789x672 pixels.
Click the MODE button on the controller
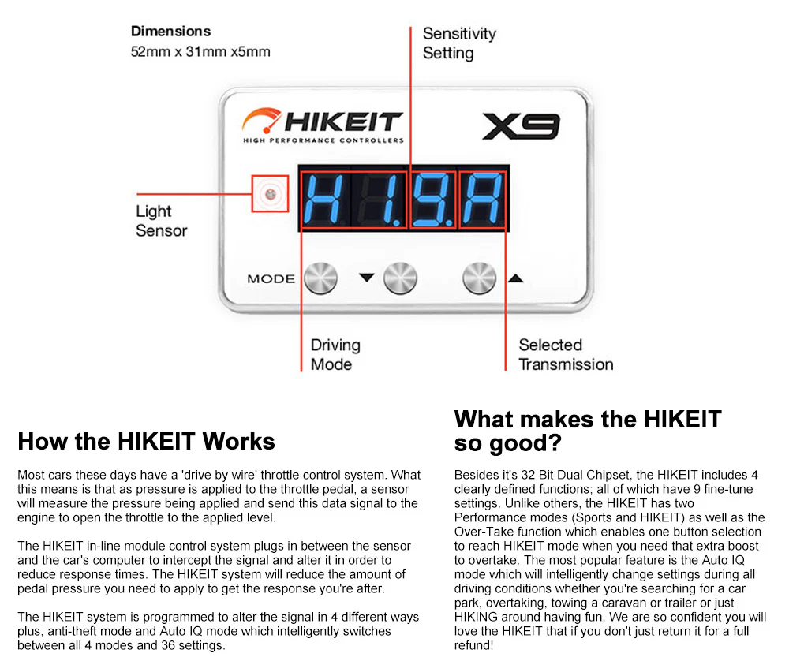320,278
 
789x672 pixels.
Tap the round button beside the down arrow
400,278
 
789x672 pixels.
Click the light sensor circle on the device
270,193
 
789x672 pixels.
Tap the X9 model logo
521,126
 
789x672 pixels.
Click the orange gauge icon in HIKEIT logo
260,121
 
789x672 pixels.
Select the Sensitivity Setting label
458,43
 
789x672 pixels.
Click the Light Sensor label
161,221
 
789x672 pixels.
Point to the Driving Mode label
335,354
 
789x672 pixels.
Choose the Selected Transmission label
565,354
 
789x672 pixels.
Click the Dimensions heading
170,32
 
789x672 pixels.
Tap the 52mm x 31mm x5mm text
200,52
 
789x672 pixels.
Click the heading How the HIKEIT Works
146,441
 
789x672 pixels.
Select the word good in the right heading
522,442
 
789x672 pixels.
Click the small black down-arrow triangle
366,277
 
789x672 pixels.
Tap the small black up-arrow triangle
515,277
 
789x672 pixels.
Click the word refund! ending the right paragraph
474,645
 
